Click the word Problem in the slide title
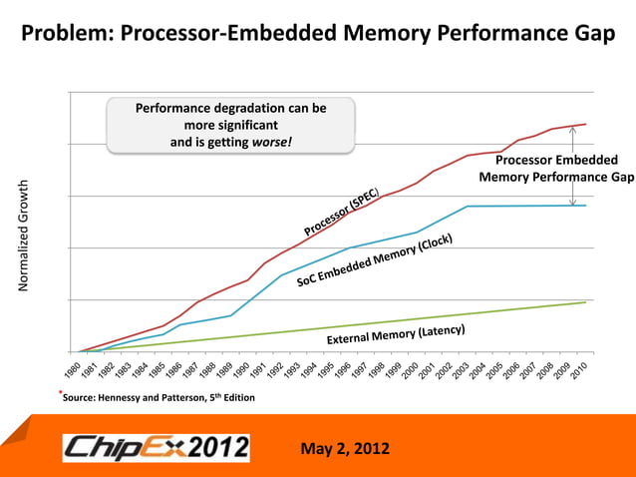66,34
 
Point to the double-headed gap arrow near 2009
572,166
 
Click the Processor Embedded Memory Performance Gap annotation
556,169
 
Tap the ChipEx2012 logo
156,446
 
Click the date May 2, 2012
345,446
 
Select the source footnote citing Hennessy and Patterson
159,398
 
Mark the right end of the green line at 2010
585,302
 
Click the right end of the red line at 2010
585,124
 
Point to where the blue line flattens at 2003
468,207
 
